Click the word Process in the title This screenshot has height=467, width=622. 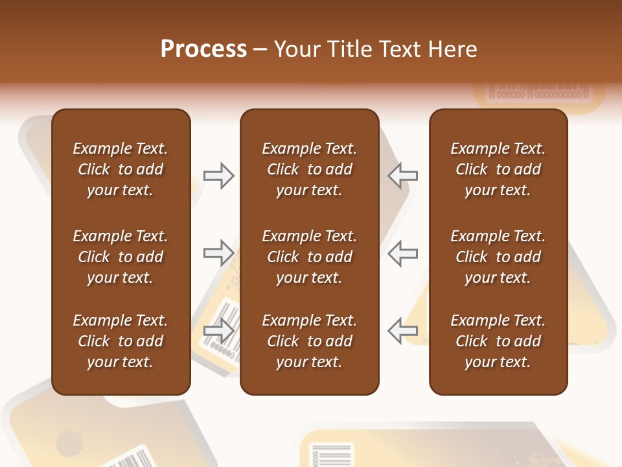coord(203,49)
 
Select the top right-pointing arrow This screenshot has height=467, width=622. coord(218,176)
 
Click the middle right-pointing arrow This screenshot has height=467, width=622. coord(218,253)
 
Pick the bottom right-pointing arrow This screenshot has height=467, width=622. coord(218,331)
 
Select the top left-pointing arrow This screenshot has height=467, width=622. coord(403,176)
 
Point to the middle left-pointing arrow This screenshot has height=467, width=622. coord(403,253)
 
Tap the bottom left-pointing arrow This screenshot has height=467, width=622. coord(403,331)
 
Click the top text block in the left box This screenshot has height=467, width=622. coord(121,169)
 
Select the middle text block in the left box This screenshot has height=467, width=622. coord(121,257)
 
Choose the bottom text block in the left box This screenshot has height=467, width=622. coord(121,341)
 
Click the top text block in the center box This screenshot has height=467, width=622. coord(309,169)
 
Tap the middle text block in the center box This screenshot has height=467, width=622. coord(309,257)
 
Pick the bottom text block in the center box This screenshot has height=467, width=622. coord(309,341)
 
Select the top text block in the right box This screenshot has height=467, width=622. coord(498,169)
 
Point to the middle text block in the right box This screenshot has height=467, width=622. coord(498,257)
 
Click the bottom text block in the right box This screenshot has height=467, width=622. coord(498,341)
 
